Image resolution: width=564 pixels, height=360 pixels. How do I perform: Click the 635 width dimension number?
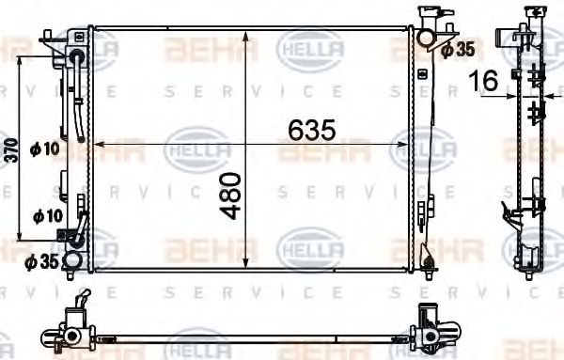click(x=309, y=133)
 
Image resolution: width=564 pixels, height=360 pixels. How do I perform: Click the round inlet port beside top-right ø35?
click(x=426, y=39)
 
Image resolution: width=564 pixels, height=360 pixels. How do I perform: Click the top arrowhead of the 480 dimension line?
click(x=245, y=37)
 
